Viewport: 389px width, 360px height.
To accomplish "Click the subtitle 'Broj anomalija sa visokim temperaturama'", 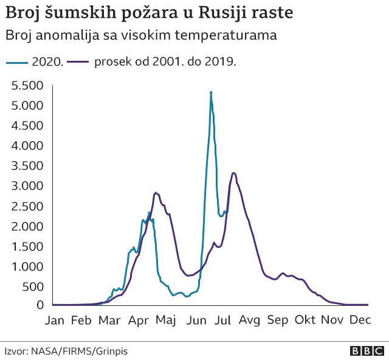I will click(141, 35).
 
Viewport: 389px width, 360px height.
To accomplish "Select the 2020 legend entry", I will click(35, 61).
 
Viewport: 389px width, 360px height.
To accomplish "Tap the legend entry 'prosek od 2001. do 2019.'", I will click(152, 61).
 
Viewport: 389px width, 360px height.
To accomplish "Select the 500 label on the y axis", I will click(34, 286).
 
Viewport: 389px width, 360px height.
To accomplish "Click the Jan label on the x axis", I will click(55, 320).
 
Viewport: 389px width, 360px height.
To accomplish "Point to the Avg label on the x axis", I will click(249, 320).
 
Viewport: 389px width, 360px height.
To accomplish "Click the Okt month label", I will click(305, 320).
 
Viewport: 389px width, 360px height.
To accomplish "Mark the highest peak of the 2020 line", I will click(211, 92).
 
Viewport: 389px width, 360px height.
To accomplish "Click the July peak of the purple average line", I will click(234, 173).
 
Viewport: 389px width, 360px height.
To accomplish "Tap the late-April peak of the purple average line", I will click(156, 193).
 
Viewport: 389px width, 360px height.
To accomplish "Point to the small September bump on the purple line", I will click(283, 274).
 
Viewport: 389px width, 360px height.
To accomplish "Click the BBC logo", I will click(367, 351).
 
